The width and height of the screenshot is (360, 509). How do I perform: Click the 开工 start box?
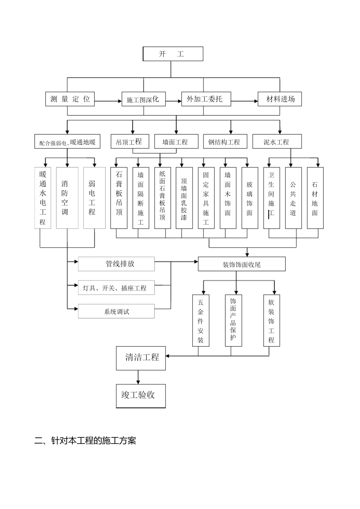click(173, 54)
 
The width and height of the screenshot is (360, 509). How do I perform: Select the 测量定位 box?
click(70, 99)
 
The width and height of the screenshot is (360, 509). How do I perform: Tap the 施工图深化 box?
click(144, 99)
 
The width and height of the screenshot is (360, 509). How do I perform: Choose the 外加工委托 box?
click(206, 99)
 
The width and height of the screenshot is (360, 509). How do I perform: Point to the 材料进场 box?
click(280, 99)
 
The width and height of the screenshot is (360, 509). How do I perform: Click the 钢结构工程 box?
click(225, 142)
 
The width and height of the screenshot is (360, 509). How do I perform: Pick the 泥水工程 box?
click(277, 142)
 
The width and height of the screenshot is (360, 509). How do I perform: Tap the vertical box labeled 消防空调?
click(67, 198)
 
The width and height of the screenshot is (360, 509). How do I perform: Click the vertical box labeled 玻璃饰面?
click(249, 198)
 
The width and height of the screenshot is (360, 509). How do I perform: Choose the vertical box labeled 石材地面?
click(315, 198)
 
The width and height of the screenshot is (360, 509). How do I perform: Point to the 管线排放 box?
click(116, 264)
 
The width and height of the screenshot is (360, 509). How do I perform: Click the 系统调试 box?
click(116, 311)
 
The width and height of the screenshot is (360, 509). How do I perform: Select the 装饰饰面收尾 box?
click(241, 264)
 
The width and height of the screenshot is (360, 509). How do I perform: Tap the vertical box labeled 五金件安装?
click(200, 320)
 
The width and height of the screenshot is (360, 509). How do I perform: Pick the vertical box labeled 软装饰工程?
click(271, 320)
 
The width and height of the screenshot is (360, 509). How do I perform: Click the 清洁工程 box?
click(141, 358)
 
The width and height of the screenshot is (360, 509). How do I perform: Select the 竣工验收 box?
click(141, 396)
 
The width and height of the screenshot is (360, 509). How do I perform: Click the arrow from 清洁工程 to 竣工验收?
click(138, 377)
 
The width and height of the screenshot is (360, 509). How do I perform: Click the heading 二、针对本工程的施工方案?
click(85, 440)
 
